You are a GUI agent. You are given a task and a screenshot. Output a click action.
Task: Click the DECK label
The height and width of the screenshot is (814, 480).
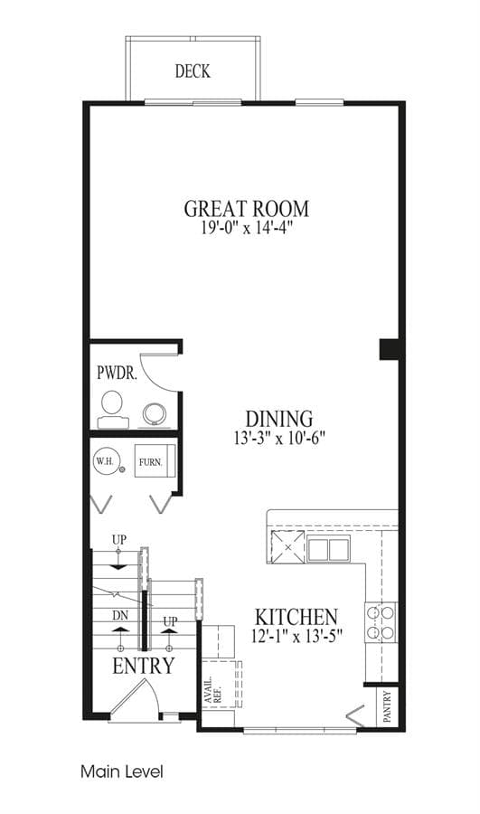click(193, 71)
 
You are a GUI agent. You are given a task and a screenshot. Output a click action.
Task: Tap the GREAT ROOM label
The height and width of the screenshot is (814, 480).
click(247, 209)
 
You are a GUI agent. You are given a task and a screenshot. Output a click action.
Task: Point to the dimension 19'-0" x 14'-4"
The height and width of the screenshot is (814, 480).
click(248, 228)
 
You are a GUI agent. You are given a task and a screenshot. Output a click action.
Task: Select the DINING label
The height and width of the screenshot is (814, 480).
click(279, 419)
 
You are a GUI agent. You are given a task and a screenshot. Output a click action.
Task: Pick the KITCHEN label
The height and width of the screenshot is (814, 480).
click(296, 617)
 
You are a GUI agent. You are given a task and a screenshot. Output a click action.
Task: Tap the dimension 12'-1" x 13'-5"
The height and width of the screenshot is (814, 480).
click(296, 636)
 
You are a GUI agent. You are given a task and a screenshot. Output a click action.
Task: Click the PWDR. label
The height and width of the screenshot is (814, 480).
click(118, 373)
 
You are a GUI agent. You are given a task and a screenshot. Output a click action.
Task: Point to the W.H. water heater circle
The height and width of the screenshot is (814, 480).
click(107, 461)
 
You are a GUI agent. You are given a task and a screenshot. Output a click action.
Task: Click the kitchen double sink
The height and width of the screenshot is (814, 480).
click(328, 550)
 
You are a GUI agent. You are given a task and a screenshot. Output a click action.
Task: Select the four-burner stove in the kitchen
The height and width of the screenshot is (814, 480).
click(381, 622)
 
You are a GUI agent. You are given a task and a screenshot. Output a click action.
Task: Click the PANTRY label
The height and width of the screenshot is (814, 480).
click(387, 706)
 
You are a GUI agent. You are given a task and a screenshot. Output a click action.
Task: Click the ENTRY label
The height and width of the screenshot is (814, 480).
click(144, 666)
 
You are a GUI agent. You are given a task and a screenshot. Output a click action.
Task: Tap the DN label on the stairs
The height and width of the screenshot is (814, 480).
click(120, 616)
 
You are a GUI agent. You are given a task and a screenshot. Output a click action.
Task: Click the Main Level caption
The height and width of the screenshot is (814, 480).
click(122, 771)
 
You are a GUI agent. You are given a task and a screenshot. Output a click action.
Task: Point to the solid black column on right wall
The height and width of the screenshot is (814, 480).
click(390, 349)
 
